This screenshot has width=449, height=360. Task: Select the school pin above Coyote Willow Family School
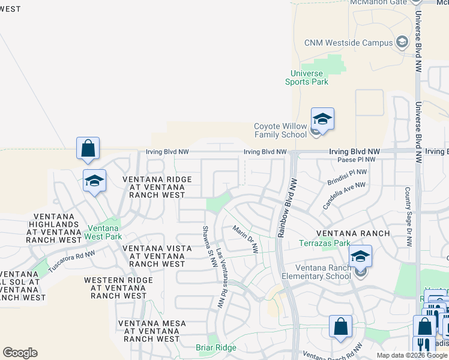(x=322, y=119)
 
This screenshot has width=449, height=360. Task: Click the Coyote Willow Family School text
(x=280, y=130)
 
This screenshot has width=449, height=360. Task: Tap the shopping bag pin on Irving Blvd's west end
(x=88, y=148)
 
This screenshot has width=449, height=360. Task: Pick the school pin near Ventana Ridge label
(x=95, y=181)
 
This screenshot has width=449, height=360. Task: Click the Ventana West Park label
(x=105, y=233)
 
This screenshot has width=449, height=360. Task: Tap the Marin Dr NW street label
(x=246, y=239)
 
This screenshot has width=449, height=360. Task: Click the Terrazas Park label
(x=325, y=244)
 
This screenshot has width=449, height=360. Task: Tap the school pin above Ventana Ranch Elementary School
(x=360, y=256)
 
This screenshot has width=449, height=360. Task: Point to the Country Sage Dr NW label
(x=408, y=218)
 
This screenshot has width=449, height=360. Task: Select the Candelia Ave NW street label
(x=343, y=196)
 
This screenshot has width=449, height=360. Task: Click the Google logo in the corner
(x=20, y=353)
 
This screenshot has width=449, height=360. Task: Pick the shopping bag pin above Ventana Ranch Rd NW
(x=340, y=327)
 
